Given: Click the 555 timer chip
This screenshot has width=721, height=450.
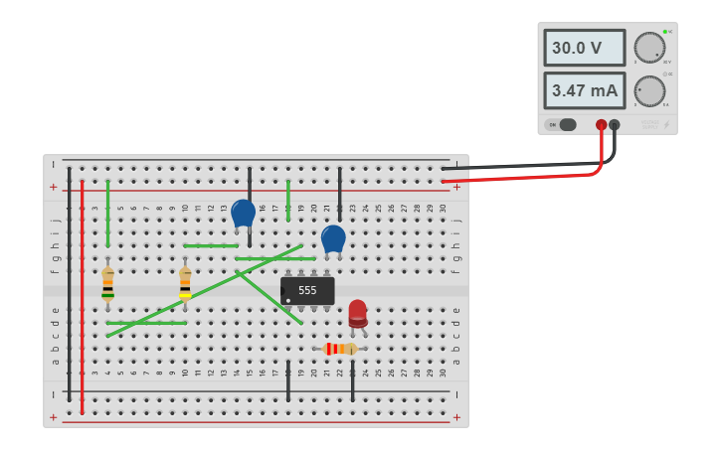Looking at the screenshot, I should tap(307, 291).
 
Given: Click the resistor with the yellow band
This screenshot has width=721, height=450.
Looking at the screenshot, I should tap(185, 285).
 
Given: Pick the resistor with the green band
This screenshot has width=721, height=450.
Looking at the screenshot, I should tap(107, 285).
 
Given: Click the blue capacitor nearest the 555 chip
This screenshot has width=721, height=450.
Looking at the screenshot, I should tap(333, 238).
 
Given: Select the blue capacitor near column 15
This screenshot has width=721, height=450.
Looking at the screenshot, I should tap(243, 213).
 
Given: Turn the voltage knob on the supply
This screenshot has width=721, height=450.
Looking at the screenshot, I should tap(649, 47).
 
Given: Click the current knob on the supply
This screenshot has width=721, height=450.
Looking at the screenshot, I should tap(649, 90).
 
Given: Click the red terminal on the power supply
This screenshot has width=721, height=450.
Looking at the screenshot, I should tap(601, 125).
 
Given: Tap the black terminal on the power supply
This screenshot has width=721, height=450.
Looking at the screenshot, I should tap(615, 125).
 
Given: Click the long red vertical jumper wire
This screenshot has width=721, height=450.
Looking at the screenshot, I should tap(82, 298).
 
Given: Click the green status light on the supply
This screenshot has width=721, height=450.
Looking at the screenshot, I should tap(664, 32).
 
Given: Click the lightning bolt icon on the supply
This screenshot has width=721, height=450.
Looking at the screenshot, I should tap(666, 125).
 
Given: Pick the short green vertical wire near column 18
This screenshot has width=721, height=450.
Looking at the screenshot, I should tap(288, 200).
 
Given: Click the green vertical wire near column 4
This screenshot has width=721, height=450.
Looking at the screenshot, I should tap(107, 213).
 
